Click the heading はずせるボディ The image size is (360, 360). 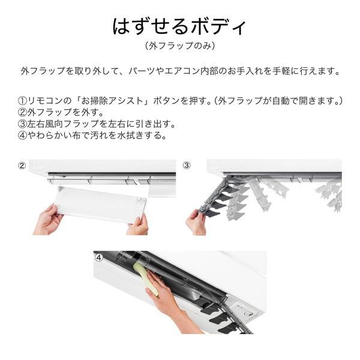180,27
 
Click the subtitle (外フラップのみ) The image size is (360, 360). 180,46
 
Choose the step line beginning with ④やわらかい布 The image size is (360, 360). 92,135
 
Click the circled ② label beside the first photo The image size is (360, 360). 22,165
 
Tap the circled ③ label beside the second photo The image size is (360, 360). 187,165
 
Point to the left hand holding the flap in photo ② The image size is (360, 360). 48,220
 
